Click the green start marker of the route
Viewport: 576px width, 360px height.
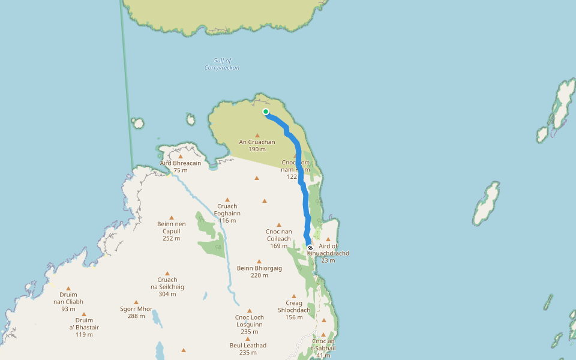[266, 112]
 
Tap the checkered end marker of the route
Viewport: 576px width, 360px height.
[310, 247]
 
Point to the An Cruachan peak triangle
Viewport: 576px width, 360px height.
[257, 135]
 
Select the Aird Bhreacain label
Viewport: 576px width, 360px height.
[181, 163]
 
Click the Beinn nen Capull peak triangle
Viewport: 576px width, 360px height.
[172, 218]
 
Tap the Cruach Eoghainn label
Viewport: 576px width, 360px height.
[227, 209]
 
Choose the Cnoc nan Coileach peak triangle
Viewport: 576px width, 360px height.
[279, 224]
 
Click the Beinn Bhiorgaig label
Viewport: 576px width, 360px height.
[259, 268]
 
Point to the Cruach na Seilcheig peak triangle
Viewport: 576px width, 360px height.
[167, 273]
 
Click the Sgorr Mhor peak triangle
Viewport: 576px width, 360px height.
[136, 302]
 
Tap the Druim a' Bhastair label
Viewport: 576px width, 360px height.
[84, 323]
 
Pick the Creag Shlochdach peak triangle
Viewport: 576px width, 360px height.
[294, 296]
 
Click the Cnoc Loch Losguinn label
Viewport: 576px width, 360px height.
[250, 320]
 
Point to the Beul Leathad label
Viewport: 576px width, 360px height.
[248, 346]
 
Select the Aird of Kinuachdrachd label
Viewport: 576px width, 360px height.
[328, 250]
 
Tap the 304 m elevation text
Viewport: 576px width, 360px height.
[167, 295]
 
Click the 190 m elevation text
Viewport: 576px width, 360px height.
[257, 149]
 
